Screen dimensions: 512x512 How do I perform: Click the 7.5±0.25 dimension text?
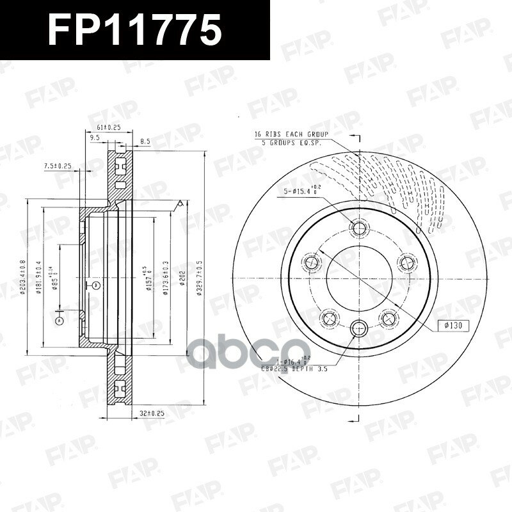tap(58, 166)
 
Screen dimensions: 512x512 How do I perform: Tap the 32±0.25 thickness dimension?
tap(152, 413)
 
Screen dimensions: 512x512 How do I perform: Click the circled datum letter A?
tap(59, 319)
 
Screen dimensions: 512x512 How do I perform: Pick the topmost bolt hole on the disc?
tap(358, 229)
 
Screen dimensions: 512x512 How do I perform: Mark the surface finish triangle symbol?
tap(181, 204)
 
